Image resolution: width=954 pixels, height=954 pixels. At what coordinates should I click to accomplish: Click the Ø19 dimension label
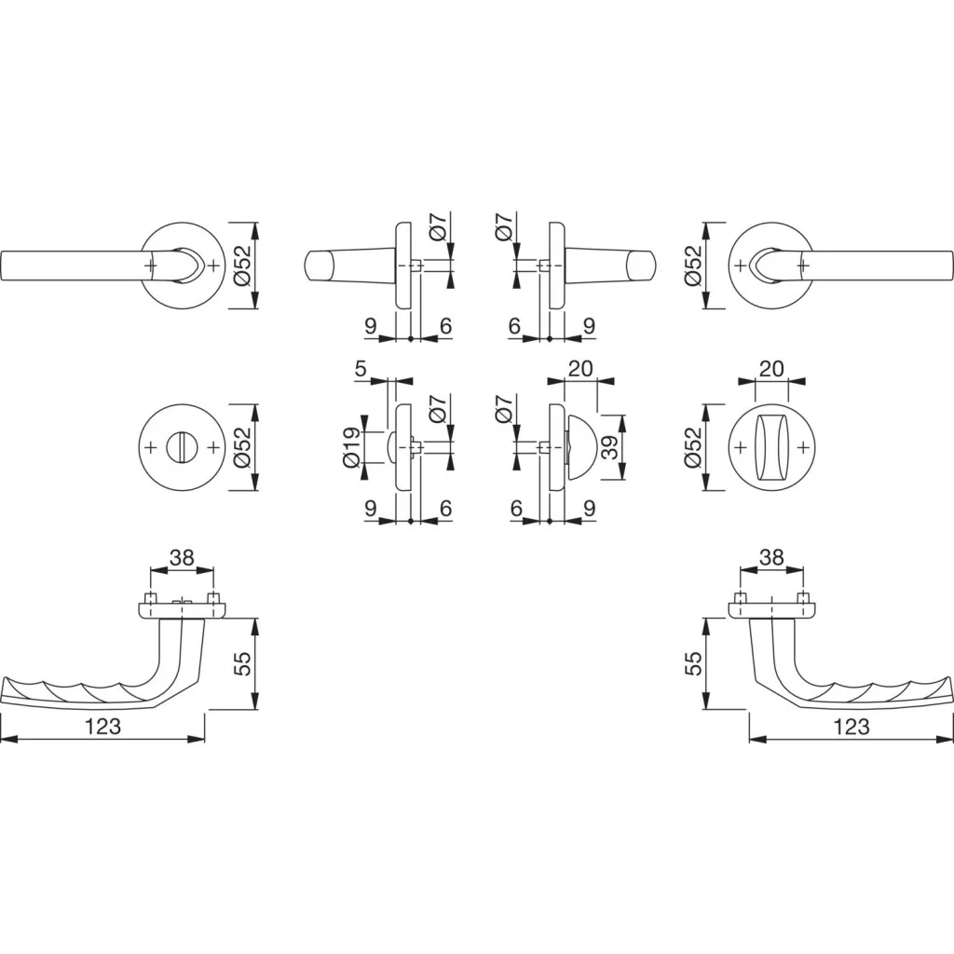pyautogui.click(x=351, y=448)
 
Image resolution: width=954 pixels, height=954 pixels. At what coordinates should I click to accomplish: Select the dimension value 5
pyautogui.click(x=361, y=369)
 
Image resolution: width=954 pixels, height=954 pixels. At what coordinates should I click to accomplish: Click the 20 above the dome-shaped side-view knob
pyautogui.click(x=579, y=368)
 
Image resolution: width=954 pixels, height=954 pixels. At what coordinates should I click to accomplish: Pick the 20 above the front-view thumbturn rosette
pyautogui.click(x=771, y=368)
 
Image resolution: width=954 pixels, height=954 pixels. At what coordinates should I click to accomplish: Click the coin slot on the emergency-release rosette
pyautogui.click(x=182, y=447)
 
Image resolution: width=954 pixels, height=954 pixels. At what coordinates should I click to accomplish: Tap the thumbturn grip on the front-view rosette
pyautogui.click(x=771, y=447)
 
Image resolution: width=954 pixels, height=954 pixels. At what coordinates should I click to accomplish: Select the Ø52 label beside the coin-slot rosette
pyautogui.click(x=241, y=447)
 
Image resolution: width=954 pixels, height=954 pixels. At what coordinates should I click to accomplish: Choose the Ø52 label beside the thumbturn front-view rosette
pyautogui.click(x=693, y=447)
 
